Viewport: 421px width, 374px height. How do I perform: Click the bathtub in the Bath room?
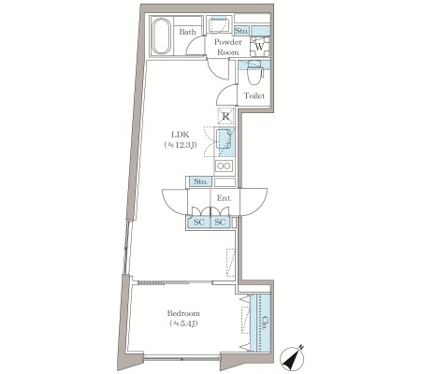[161, 36]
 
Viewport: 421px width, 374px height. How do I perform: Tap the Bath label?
[187, 32]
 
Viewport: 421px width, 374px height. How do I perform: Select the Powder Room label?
[228, 47]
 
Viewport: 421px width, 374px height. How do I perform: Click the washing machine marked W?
[259, 47]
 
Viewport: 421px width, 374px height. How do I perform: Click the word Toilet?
[254, 95]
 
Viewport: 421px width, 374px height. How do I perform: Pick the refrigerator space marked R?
[225, 116]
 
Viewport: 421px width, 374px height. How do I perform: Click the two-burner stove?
[225, 165]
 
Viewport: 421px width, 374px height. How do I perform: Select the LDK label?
[181, 135]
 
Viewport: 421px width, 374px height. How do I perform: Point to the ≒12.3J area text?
[181, 145]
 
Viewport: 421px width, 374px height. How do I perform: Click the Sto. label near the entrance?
[200, 181]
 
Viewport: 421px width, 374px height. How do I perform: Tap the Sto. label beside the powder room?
[241, 31]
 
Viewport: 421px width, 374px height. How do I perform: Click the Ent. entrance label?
[224, 198]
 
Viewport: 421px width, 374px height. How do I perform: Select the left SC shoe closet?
[198, 223]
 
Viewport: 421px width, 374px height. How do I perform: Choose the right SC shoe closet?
[220, 223]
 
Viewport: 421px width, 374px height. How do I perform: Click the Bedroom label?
[183, 313]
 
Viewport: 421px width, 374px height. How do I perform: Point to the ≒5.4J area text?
[183, 324]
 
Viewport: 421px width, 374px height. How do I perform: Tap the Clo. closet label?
[265, 324]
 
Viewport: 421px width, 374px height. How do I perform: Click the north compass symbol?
[293, 358]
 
